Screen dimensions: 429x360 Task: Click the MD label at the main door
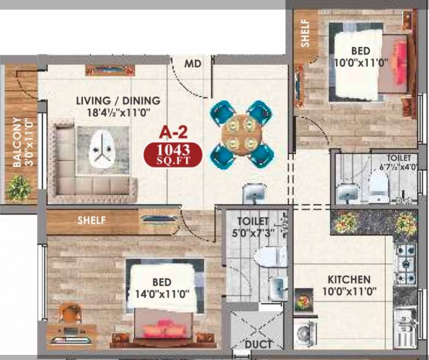(x=193, y=64)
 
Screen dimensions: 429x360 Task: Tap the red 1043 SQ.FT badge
(x=173, y=155)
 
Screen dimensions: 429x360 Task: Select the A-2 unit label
(x=173, y=133)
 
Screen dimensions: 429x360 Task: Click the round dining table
(x=241, y=135)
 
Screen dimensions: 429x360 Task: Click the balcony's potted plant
(x=19, y=188)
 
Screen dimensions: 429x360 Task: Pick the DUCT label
(x=258, y=345)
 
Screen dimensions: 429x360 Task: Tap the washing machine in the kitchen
(x=305, y=333)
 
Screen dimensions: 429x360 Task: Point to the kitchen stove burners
(x=406, y=264)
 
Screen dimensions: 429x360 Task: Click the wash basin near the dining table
(x=254, y=192)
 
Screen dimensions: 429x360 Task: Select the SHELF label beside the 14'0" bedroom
(x=91, y=220)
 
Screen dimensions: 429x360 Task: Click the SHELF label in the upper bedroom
(x=305, y=33)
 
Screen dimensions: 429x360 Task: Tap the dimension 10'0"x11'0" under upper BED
(x=361, y=63)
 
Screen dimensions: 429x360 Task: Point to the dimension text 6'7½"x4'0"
(x=398, y=167)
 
